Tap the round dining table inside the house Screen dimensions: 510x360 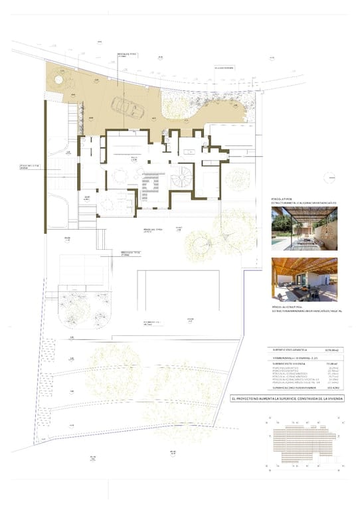pos(120,175)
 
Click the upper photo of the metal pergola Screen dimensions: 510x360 pos(304,227)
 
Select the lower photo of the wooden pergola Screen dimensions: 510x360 pos(304,280)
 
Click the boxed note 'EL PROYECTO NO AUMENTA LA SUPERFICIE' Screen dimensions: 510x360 pos(287,398)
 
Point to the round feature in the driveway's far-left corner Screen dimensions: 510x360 pos(58,81)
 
